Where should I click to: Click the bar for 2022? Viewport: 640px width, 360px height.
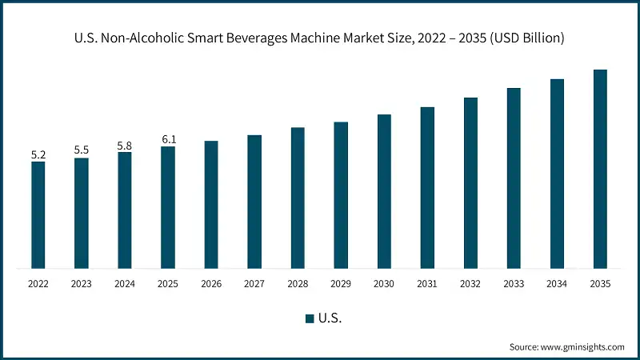[x=38, y=214]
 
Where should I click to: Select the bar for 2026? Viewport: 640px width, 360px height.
[x=211, y=204]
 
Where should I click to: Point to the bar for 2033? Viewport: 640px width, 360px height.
[x=514, y=178]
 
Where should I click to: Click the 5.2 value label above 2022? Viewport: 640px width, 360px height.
[x=38, y=154]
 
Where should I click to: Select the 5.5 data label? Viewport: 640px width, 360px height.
[x=82, y=150]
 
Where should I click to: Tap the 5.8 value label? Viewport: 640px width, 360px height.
[x=125, y=145]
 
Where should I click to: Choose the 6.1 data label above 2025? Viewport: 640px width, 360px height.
[x=168, y=139]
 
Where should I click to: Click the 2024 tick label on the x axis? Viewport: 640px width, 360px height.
[x=125, y=284]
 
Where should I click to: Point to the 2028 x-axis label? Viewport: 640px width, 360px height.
[x=298, y=284]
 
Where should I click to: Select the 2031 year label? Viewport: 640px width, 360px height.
[x=427, y=284]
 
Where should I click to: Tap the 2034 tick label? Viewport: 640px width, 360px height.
[x=557, y=284]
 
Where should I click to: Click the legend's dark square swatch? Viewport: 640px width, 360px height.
[x=309, y=318]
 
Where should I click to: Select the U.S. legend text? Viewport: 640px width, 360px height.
[x=330, y=318]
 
